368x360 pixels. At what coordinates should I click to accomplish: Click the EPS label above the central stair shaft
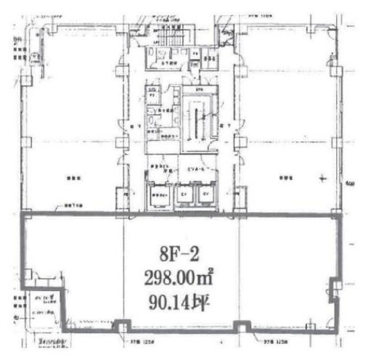coord(195,89)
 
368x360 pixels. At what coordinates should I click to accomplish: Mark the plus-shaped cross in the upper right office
coord(322,182)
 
